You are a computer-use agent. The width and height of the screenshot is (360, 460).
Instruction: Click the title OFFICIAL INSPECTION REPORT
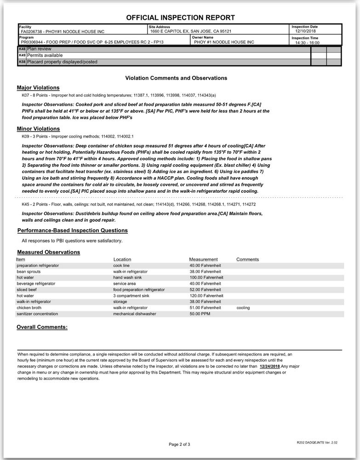180,18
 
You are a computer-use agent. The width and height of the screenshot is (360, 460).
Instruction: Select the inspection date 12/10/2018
306,31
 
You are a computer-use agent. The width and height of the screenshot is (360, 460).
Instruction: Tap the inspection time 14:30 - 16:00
307,42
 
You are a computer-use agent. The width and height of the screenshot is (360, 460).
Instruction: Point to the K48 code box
22,48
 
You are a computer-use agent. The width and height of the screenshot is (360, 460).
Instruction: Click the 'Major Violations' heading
38,87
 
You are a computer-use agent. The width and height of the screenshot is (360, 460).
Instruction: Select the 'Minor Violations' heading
38,129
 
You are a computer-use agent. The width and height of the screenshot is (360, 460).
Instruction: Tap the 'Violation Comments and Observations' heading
176,78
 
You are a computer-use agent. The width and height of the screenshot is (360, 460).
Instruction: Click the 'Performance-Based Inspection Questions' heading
73,230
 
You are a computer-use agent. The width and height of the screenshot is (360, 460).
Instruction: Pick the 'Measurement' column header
203,259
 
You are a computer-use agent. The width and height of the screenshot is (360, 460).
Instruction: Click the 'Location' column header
122,259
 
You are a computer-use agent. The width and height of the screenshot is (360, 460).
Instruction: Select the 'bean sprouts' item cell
29,272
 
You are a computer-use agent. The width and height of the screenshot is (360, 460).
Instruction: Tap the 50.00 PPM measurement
200,314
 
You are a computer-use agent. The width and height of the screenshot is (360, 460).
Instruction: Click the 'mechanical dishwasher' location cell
135,314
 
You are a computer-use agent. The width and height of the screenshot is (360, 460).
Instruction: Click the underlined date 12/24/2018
269,366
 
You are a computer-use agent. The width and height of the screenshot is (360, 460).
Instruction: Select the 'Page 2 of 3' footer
179,444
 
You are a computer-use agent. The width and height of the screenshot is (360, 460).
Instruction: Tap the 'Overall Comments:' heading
42,327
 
